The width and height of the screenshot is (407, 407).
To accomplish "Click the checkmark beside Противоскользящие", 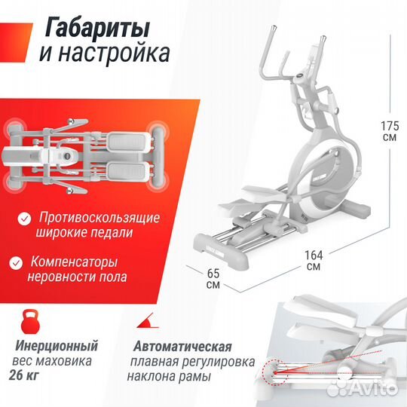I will point(25,219).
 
